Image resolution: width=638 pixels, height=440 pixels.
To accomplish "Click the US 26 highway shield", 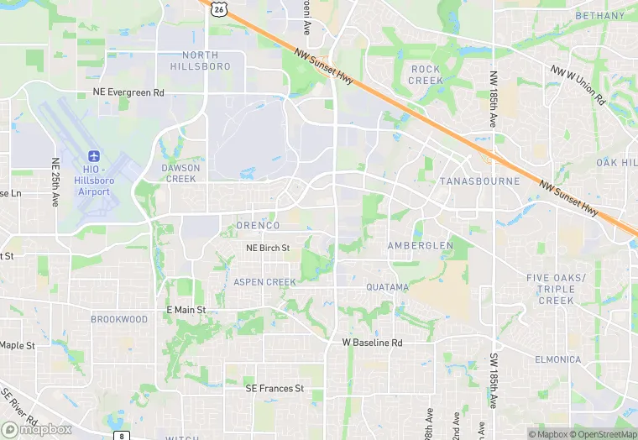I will coord(219,8).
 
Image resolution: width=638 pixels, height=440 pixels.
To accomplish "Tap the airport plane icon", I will coord(93,157).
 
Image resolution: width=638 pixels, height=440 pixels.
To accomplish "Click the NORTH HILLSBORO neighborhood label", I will coord(200,60).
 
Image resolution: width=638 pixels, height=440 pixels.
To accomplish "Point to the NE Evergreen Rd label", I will coord(128,92).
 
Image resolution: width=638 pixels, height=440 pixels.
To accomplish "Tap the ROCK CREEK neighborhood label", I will coord(426,75).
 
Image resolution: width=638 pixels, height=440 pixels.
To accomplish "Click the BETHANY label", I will coord(600,16).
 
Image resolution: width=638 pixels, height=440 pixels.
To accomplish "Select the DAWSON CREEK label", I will coord(180,173).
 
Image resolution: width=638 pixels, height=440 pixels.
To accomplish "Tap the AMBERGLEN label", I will coord(420,245).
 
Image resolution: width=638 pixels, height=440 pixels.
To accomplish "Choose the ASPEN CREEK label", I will coord(264,282).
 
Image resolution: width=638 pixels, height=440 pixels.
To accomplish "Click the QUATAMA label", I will coord(387,287).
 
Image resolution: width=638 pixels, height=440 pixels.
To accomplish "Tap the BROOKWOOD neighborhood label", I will coord(119,319).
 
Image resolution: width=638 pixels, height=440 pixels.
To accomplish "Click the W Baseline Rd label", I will coord(372,343).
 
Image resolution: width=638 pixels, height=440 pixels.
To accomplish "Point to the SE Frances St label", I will coord(274,389).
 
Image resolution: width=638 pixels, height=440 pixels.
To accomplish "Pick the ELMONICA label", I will coord(557,359).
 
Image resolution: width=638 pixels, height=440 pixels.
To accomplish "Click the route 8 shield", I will coord(123,436).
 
